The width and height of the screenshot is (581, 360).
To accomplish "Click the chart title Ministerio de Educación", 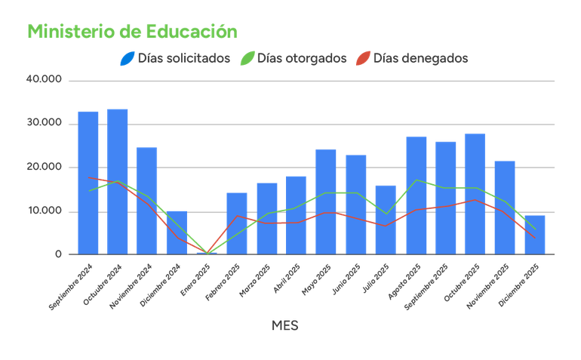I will pyautogui.click(x=132, y=32).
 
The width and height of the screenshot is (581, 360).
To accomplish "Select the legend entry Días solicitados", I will pyautogui.click(x=183, y=58).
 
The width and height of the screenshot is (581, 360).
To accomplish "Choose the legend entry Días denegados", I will pyautogui.click(x=421, y=58).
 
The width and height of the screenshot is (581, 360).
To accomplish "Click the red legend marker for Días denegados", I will pyautogui.click(x=363, y=58).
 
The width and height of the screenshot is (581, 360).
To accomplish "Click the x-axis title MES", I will pyautogui.click(x=284, y=325).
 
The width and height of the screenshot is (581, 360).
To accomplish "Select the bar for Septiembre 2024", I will pyautogui.click(x=88, y=182).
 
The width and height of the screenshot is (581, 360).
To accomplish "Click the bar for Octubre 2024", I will pyautogui.click(x=118, y=180).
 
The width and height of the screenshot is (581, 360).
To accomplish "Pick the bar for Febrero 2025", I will pyautogui.click(x=236, y=223).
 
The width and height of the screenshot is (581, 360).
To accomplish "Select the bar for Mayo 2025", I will pyautogui.click(x=326, y=201).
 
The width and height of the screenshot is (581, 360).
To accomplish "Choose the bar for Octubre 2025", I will pyautogui.click(x=475, y=193).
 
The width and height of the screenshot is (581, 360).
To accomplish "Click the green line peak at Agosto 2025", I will pyautogui.click(x=416, y=180).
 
